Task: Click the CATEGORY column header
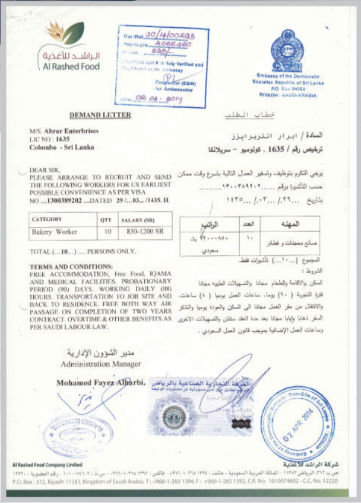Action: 47,219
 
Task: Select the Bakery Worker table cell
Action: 54,232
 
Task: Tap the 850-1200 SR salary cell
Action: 142,232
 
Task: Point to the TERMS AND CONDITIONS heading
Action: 71,267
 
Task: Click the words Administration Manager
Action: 101,363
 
